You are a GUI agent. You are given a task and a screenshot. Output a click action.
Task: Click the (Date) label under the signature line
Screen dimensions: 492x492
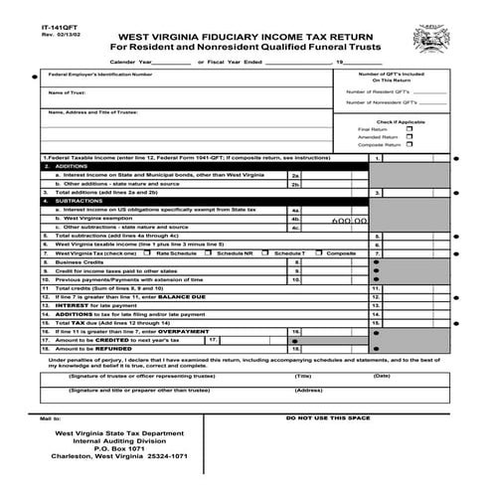[x=382, y=376]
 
